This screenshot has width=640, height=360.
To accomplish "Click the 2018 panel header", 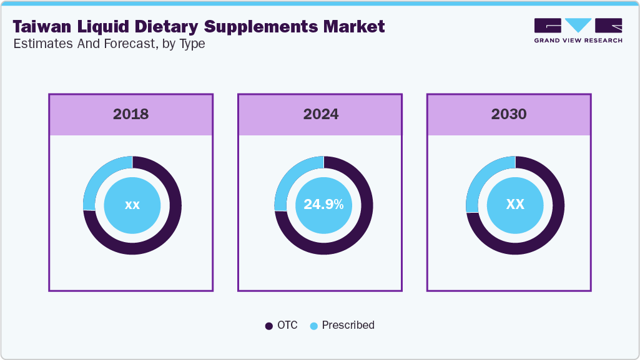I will coord(131,114).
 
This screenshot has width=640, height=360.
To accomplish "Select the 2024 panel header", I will coord(320,114).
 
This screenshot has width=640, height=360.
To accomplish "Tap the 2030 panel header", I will coord(509,114).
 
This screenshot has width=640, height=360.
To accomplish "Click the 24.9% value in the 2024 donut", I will coord(323,205).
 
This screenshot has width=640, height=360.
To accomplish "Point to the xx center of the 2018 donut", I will coord(132,205).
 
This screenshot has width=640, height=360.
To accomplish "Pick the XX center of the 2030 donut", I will coord(515,205).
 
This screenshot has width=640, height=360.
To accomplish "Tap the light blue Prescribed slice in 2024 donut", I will coord(291,178).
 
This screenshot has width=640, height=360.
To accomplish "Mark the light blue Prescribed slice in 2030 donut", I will coord(483,178).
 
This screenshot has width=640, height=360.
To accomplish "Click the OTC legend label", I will coord(288,325).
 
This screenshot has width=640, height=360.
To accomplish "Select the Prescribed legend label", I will coord(348,325).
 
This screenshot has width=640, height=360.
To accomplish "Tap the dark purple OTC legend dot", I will coord(269,326).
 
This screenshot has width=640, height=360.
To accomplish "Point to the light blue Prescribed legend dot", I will coord(314,326).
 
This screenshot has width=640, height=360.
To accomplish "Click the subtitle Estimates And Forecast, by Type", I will coord(109,44).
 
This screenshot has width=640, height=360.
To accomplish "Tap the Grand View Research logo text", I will coord(578,41).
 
